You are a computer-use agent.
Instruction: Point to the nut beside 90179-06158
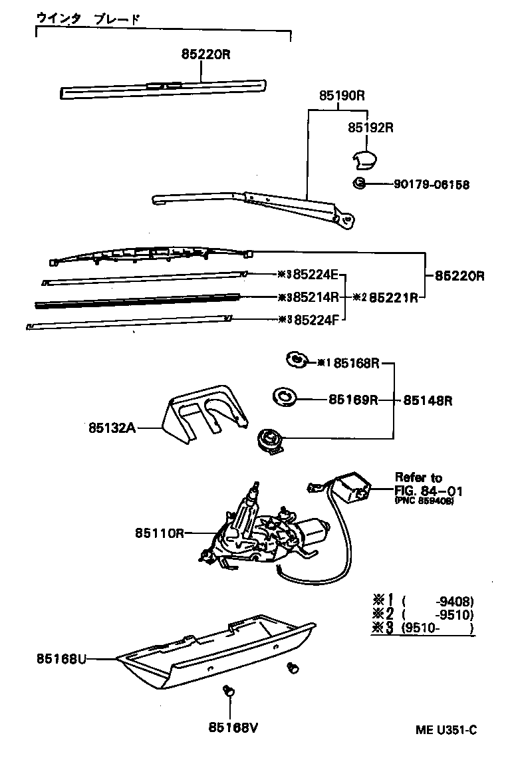[x=358, y=184]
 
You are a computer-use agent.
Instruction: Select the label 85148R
[x=428, y=400]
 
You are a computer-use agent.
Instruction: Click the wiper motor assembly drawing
[x=266, y=532]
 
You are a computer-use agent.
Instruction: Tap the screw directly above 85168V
[x=229, y=692]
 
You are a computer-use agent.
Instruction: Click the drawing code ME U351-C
[x=446, y=730]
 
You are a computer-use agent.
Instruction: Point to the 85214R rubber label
[x=317, y=297]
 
